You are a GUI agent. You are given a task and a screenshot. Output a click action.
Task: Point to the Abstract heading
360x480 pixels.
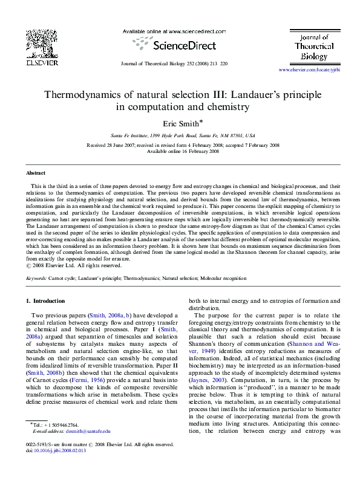[36, 174]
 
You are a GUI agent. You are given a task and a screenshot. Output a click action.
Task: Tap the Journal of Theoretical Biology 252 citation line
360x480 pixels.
[174, 63]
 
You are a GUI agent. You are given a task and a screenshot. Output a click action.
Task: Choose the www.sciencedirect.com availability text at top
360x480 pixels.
[174, 31]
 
